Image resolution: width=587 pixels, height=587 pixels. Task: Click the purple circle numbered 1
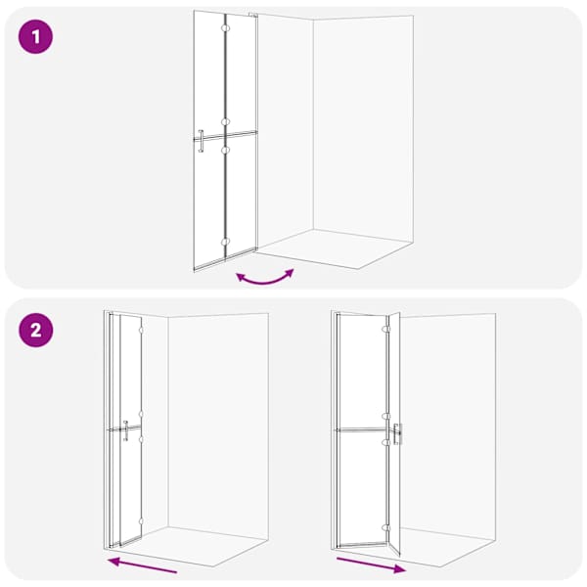(x=35, y=37)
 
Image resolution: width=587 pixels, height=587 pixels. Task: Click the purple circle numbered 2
(x=35, y=331)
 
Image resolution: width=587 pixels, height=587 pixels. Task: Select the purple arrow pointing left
(x=142, y=564)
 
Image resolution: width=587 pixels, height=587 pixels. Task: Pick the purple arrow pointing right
(x=371, y=565)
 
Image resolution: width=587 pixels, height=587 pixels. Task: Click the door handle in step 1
(x=201, y=141)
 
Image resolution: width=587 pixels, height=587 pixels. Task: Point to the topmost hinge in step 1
(x=225, y=28)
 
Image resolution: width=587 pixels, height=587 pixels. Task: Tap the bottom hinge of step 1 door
(x=225, y=242)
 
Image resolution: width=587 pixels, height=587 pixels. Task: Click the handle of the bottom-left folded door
(x=126, y=430)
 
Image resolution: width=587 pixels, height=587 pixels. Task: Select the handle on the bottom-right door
(x=397, y=433)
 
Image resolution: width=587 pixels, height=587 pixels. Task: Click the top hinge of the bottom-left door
(x=141, y=331)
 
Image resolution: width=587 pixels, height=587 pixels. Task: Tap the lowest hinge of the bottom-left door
(x=141, y=520)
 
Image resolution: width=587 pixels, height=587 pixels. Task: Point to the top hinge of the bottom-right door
(x=386, y=329)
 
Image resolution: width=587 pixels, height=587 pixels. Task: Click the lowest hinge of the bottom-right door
(x=386, y=528)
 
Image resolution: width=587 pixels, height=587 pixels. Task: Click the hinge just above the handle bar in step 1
(x=225, y=122)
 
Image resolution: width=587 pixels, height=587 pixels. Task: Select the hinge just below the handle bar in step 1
(x=225, y=150)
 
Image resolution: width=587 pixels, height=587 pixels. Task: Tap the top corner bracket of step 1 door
(x=253, y=15)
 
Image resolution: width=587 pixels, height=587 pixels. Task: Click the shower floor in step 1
(x=335, y=248)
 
